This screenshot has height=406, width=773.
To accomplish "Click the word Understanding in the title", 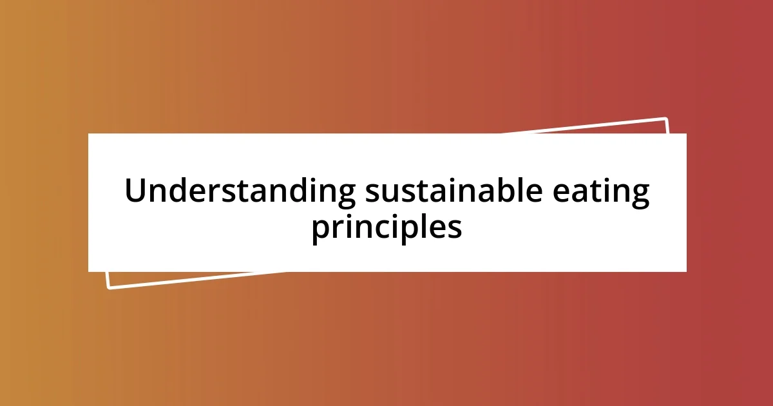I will tap(240, 193).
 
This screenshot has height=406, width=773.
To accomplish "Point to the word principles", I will tap(386, 228).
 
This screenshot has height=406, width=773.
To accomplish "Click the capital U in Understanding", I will tap(137, 192).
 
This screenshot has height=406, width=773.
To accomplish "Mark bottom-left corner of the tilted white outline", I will tap(109, 287).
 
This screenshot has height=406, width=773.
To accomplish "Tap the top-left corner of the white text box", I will tap(88, 134).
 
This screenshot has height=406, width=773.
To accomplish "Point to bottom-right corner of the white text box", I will tap(686, 271).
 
